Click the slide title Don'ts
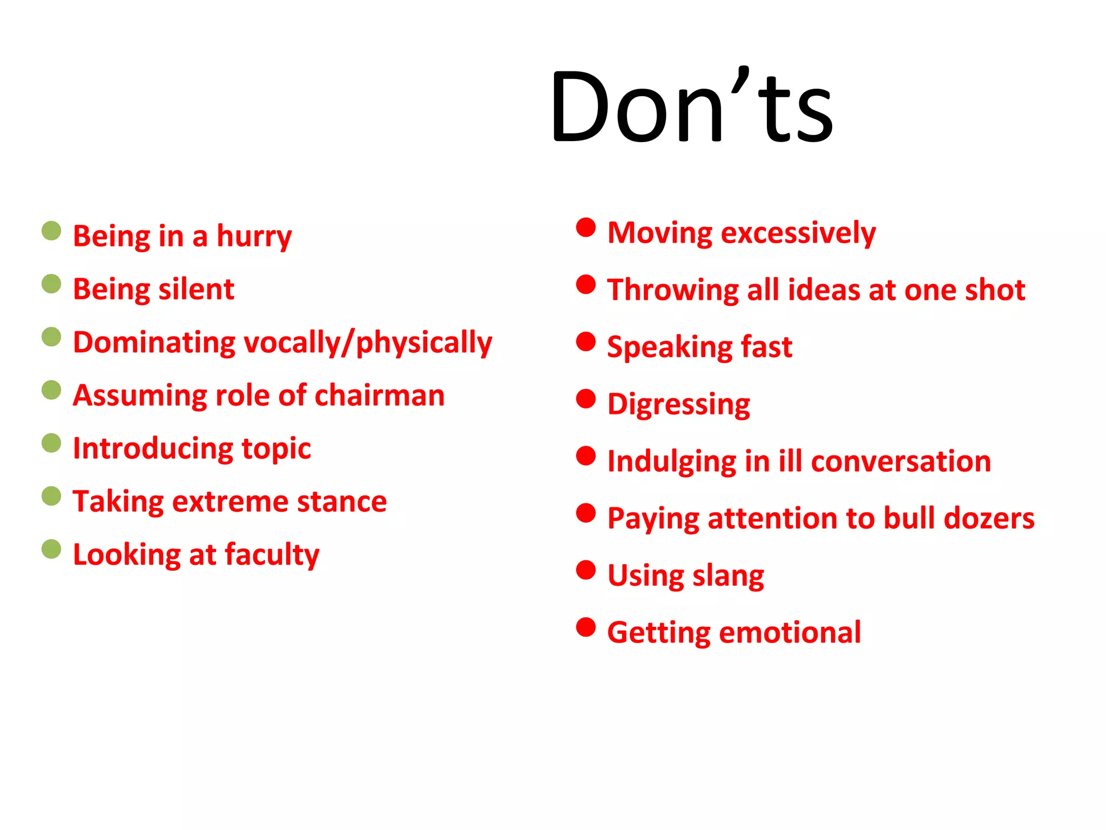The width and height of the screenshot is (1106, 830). pyautogui.click(x=692, y=107)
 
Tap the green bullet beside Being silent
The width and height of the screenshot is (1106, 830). pyautogui.click(x=51, y=284)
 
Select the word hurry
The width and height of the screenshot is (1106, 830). pyautogui.click(x=254, y=237)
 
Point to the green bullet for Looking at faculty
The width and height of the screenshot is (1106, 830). pyautogui.click(x=51, y=550)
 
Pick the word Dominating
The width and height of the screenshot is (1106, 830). pyautogui.click(x=154, y=343)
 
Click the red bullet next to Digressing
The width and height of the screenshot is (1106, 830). pyautogui.click(x=586, y=399)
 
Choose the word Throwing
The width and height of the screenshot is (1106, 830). pyautogui.click(x=672, y=291)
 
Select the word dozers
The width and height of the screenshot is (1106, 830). pyautogui.click(x=989, y=519)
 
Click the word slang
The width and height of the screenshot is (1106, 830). pyautogui.click(x=728, y=576)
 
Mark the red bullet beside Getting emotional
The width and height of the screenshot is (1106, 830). pyautogui.click(x=586, y=627)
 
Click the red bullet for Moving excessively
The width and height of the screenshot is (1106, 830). pyautogui.click(x=586, y=227)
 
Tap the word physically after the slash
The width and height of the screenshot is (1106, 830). pyautogui.click(x=424, y=343)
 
